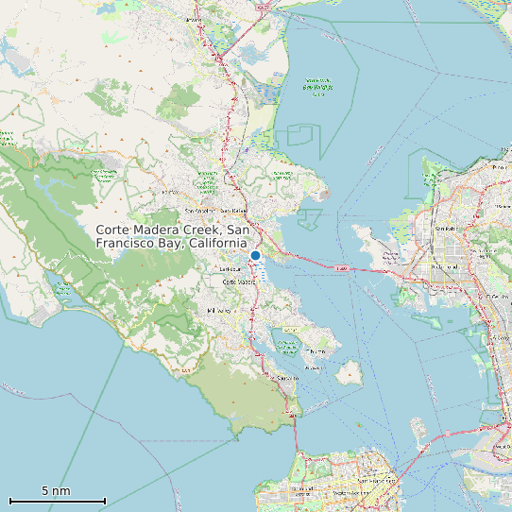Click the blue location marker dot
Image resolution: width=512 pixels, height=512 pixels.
(255, 255)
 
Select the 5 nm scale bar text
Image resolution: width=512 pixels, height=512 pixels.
(56, 491)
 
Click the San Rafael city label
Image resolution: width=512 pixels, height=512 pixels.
(231, 211)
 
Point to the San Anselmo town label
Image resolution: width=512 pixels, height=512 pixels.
(200, 210)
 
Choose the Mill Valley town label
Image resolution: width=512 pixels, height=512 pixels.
(218, 311)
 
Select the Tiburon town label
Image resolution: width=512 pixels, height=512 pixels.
(316, 350)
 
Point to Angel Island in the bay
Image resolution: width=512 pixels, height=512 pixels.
(348, 372)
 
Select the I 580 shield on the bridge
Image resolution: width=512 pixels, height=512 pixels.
(341, 268)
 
